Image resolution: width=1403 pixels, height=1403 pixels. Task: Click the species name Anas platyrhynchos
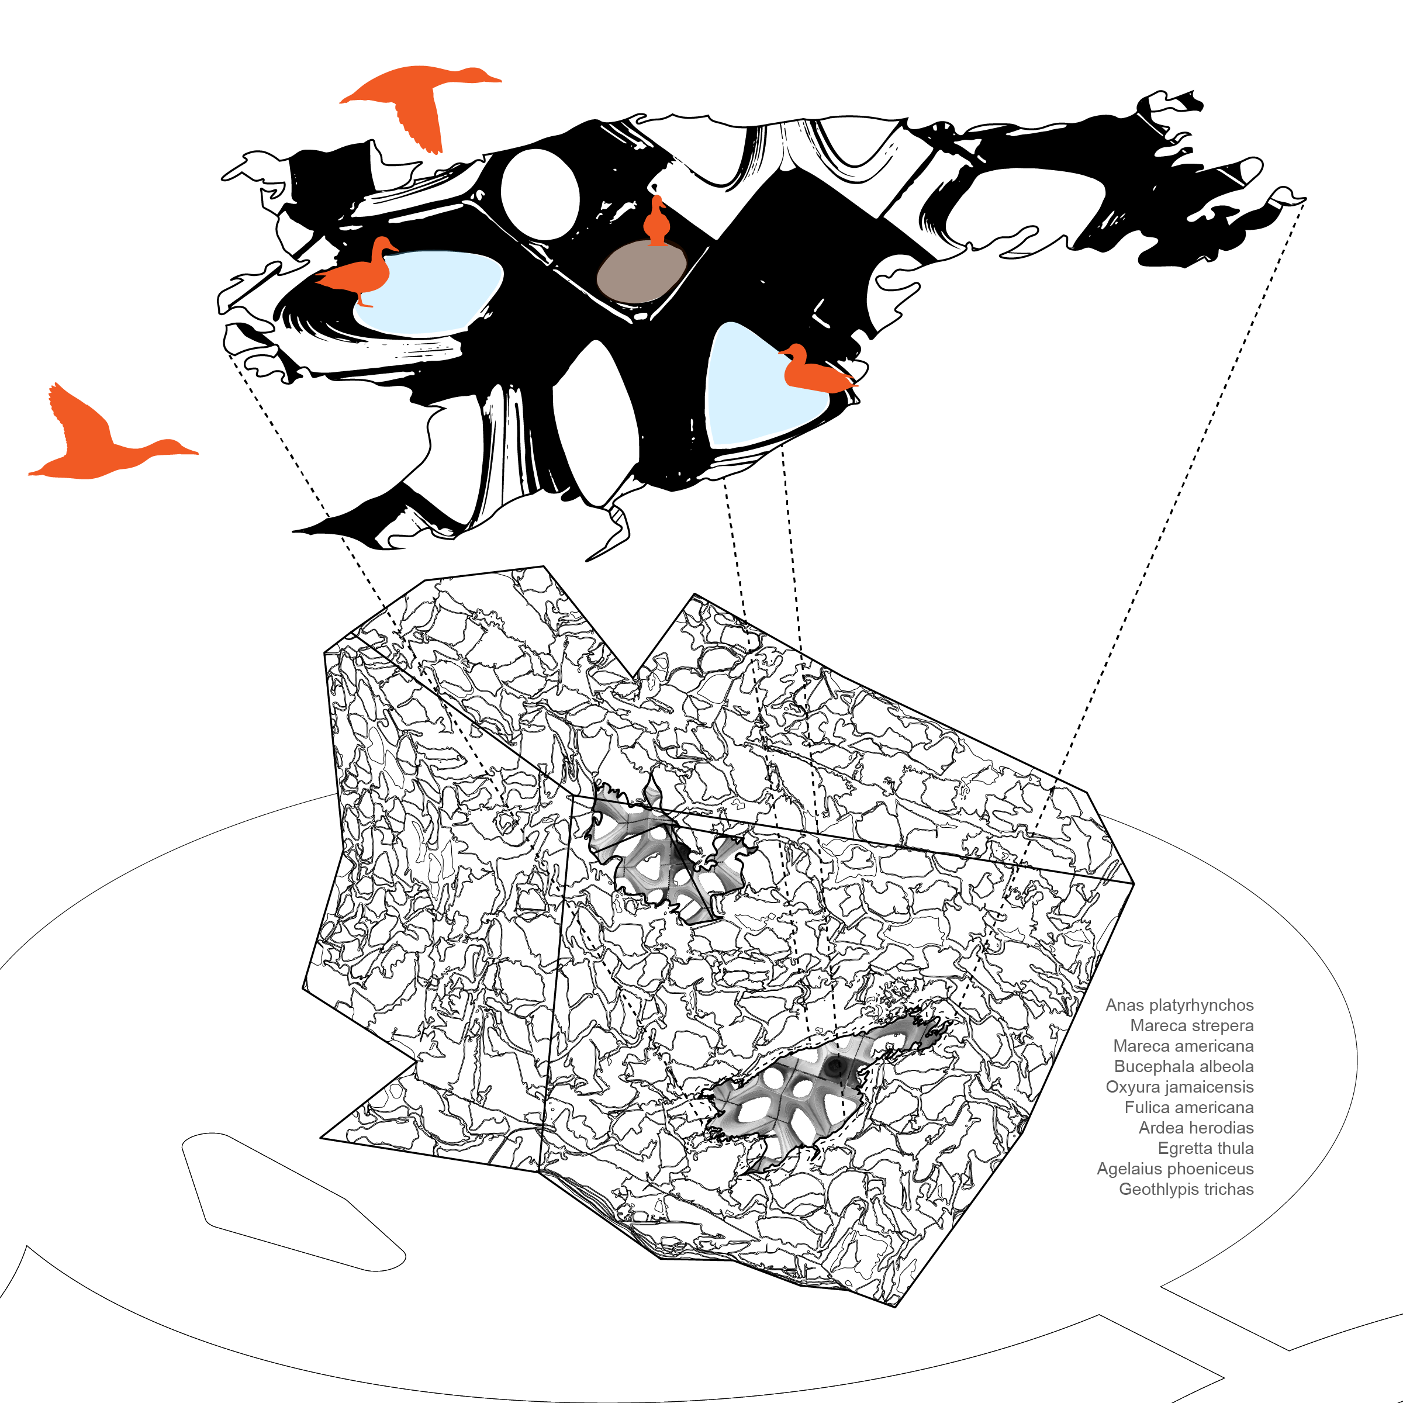tap(1179, 1005)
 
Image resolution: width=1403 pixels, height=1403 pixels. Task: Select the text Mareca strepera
tap(1192, 1025)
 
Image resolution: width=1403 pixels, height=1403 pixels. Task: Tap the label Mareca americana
tap(1183, 1046)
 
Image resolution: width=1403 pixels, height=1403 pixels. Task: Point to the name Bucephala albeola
tap(1184, 1066)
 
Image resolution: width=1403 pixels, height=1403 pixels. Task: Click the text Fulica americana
tap(1189, 1107)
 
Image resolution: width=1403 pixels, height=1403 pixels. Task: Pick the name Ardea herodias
tap(1195, 1128)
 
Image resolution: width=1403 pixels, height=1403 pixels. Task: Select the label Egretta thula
tap(1205, 1148)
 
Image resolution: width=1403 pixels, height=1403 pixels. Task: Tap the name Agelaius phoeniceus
tap(1175, 1169)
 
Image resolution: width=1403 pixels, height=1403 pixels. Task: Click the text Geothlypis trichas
tap(1186, 1189)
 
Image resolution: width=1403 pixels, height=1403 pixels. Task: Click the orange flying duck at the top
tap(417, 98)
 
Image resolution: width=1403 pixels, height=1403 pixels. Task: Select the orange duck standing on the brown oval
tap(658, 222)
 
